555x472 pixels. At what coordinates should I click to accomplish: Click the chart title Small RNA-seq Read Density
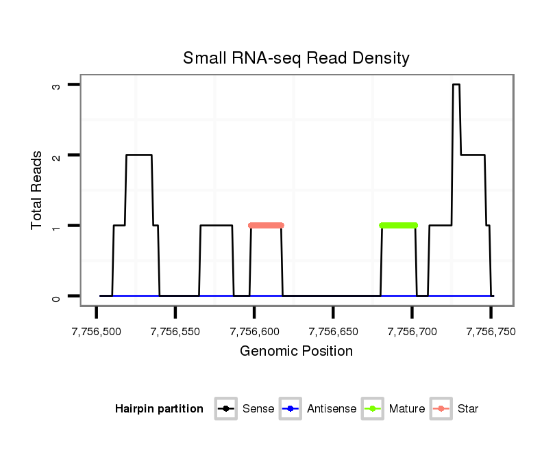296,58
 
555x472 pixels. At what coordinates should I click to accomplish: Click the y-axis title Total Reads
38,190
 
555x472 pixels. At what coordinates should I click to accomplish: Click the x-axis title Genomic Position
296,352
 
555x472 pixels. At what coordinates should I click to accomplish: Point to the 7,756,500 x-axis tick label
97,332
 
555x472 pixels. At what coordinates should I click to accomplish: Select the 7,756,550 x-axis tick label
175,332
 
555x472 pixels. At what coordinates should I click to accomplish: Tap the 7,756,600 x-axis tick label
254,332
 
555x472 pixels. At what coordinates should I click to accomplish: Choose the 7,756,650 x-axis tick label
333,332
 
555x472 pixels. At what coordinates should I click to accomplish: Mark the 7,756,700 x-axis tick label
412,332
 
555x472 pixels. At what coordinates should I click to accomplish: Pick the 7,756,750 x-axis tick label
491,332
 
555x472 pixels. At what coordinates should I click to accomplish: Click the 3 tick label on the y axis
57,85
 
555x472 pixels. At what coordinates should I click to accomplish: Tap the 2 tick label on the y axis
57,155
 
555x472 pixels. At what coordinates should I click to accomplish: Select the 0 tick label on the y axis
57,296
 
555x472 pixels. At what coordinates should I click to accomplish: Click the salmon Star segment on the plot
267,225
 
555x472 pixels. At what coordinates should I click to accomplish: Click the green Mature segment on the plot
398,225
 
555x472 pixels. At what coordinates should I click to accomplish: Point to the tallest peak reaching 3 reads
456,85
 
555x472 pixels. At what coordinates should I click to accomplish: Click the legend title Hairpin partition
159,409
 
